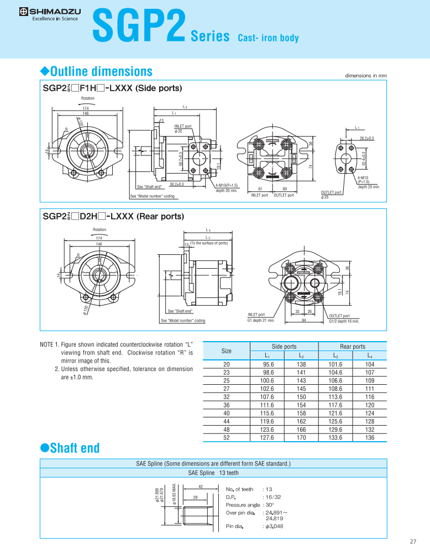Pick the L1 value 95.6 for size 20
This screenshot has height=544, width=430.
(x=269, y=364)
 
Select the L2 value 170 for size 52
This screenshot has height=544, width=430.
(x=301, y=438)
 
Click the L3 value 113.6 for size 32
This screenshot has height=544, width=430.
(x=335, y=397)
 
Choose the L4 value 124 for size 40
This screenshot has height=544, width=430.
(x=370, y=414)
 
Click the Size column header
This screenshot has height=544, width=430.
(x=227, y=351)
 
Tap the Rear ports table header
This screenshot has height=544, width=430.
(x=353, y=347)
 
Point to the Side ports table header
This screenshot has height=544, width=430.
(x=284, y=347)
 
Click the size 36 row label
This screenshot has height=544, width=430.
(x=227, y=405)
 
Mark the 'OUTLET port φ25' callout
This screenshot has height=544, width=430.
(x=331, y=195)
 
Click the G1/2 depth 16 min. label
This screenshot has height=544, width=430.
(x=344, y=321)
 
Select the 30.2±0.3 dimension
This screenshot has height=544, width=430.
(x=177, y=184)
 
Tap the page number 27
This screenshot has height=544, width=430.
(x=413, y=541)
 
